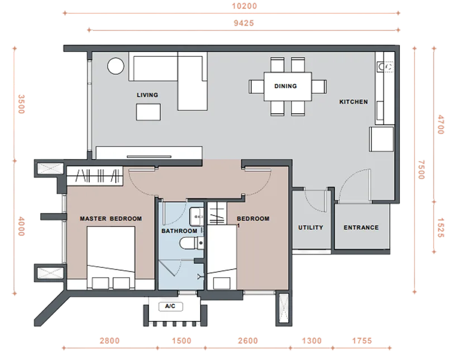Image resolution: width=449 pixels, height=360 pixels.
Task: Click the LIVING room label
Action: click(x=147, y=95)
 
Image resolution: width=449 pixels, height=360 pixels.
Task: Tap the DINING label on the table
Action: click(x=285, y=86)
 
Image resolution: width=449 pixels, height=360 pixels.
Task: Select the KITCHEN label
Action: click(x=354, y=102)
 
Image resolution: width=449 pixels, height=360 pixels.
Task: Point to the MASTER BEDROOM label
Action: click(x=111, y=219)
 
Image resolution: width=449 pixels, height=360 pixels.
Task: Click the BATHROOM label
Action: click(x=179, y=231)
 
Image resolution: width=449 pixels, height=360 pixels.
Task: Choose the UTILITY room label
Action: click(x=311, y=228)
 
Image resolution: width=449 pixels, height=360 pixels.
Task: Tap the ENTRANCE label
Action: click(x=361, y=228)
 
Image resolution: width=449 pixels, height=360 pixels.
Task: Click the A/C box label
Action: click(x=170, y=306)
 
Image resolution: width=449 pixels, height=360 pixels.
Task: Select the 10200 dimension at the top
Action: click(x=244, y=6)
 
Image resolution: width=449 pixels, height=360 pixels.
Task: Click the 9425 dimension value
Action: click(x=244, y=23)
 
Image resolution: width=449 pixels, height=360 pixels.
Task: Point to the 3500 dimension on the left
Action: click(x=21, y=104)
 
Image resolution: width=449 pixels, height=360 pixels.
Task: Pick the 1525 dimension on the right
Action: click(x=441, y=228)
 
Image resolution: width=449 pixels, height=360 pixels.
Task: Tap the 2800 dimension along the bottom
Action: click(x=109, y=341)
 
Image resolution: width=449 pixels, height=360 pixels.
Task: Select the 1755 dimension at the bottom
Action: click(x=362, y=341)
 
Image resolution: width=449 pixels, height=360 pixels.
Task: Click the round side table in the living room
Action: click(x=116, y=66)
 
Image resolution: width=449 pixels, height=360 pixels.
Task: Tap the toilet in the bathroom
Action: click(x=192, y=243)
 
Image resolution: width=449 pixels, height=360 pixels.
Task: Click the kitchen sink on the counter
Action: click(x=385, y=67)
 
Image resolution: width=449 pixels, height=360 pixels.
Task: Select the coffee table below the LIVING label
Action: click(x=149, y=112)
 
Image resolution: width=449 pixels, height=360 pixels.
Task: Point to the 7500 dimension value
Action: click(x=421, y=170)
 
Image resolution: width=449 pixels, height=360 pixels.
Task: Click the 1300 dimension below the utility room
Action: click(x=312, y=341)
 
